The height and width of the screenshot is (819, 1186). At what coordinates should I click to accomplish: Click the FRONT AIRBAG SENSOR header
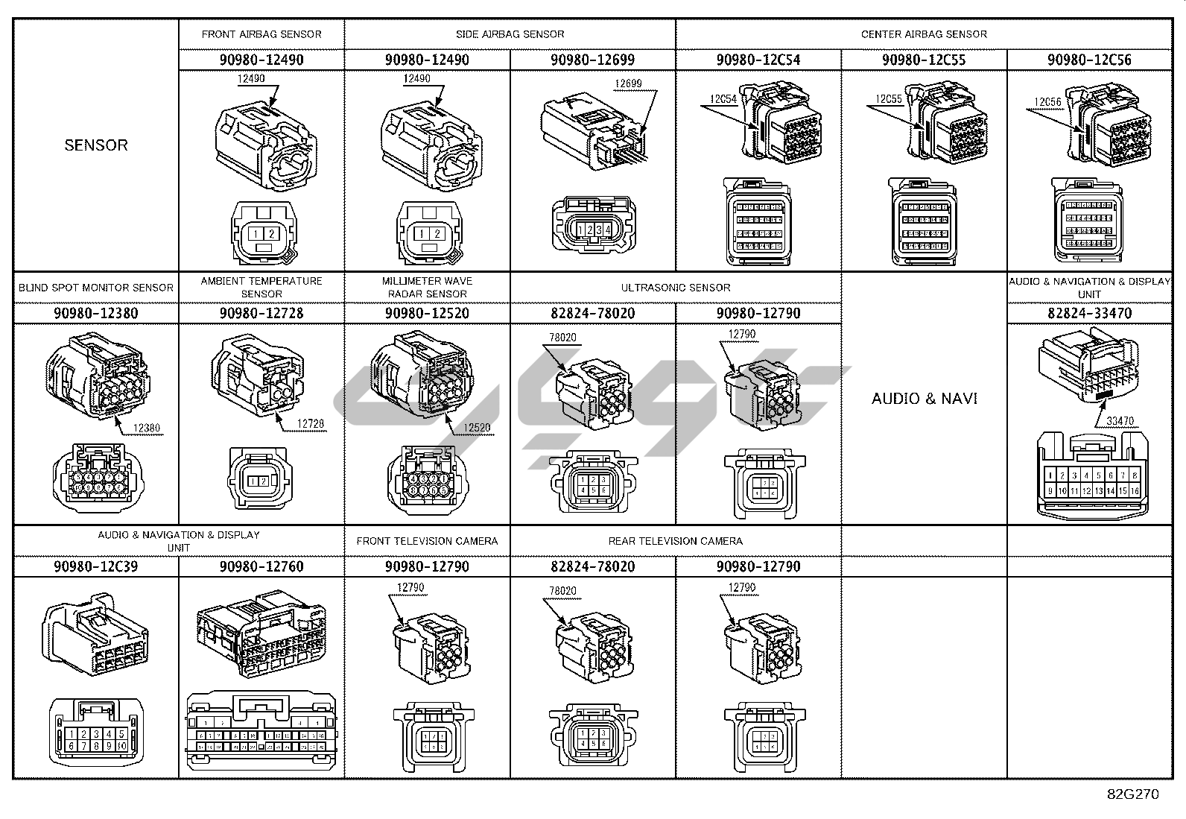(261, 34)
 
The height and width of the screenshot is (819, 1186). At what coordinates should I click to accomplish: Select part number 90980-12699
(592, 60)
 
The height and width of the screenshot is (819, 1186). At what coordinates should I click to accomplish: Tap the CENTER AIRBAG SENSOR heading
(924, 34)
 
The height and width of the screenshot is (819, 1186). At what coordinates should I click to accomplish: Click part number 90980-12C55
(924, 60)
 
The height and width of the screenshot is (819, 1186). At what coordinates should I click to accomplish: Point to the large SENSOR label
(96, 145)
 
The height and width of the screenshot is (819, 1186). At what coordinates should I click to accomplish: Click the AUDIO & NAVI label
(925, 399)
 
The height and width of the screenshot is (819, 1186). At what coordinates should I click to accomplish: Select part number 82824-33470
(1089, 313)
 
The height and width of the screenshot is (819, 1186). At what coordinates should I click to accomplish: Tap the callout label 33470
(1120, 421)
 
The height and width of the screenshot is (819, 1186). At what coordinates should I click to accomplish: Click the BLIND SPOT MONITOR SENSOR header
(96, 288)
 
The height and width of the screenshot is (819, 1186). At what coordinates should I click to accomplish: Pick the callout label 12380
(146, 428)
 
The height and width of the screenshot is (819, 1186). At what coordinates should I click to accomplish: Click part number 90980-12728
(261, 313)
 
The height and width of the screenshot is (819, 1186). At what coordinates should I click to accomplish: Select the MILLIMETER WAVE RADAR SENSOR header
(427, 287)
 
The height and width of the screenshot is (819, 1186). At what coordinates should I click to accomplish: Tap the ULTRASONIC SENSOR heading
(676, 288)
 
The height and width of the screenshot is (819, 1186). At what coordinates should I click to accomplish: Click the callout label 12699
(628, 84)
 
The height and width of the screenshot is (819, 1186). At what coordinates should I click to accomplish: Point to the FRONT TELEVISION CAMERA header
(427, 541)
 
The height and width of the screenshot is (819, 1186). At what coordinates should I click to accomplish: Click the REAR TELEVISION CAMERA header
(676, 541)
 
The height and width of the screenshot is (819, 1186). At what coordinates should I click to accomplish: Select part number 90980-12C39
(96, 566)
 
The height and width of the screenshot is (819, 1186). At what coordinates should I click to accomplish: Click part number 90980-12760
(261, 566)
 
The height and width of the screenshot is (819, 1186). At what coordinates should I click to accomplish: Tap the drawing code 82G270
(1132, 794)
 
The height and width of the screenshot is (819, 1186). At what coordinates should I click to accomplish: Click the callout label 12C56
(1047, 102)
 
